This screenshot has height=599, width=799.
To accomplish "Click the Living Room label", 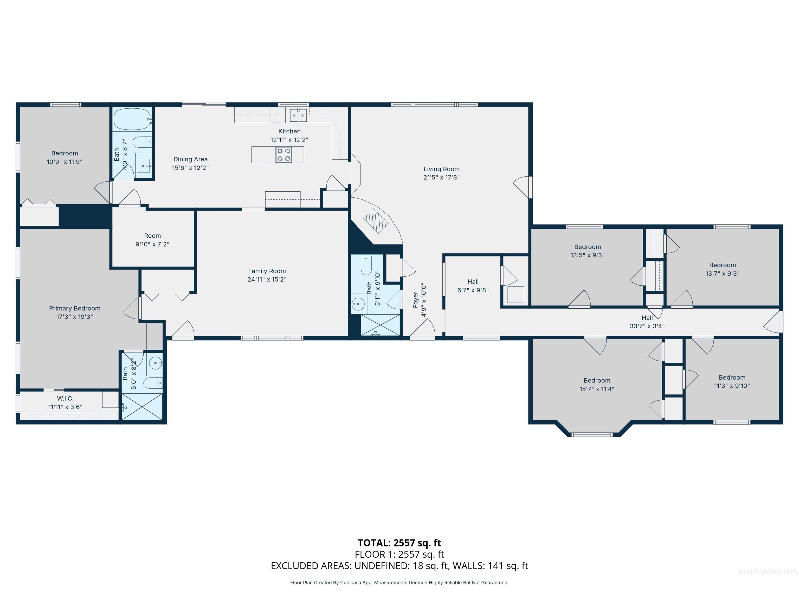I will click(441, 169).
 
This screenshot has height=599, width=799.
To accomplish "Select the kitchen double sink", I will click(298, 115).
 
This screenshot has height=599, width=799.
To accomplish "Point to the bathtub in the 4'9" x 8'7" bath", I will click(132, 119).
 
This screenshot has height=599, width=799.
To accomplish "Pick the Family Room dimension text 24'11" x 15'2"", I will click(267, 279).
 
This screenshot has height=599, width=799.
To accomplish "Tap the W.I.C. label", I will click(65, 399).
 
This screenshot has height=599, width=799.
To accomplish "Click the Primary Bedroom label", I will click(75, 308).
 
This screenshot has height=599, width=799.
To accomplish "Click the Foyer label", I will click(415, 300).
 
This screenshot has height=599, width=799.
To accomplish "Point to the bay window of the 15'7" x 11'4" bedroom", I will click(592, 434).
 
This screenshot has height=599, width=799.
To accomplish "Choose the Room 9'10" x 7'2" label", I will click(152, 236).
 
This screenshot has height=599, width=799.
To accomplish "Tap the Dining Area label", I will click(190, 159).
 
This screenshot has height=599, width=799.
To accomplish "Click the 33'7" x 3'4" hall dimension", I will click(647, 326).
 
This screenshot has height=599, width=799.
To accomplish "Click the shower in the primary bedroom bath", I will click(142, 407).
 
